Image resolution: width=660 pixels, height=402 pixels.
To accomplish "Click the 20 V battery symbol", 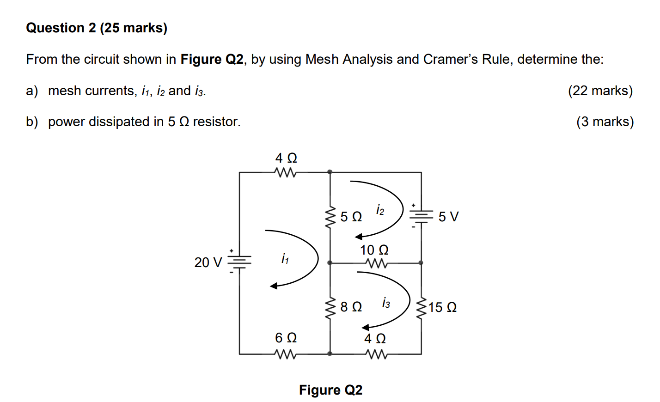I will (239, 262).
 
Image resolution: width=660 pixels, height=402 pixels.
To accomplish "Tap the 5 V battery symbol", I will (421, 216).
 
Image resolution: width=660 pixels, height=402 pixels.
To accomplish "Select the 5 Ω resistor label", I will (351, 217).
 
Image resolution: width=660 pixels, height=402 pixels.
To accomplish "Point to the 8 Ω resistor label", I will (351, 307).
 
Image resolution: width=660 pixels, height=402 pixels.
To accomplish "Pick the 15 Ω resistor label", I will (442, 307).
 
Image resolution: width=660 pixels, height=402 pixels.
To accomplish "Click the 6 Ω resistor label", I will (286, 338).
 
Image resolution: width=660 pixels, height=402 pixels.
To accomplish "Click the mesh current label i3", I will (385, 303).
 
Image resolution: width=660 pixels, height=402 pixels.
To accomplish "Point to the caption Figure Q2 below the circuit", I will (330, 390).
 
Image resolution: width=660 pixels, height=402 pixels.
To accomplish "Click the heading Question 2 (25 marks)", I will (97, 28).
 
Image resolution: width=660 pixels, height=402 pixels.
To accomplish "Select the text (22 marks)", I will (600, 91).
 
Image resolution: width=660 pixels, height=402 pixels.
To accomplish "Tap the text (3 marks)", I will (605, 122).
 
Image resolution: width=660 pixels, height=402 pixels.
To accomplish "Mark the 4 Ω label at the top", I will (286, 158).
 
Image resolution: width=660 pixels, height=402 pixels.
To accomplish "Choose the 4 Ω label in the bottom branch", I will (375, 339).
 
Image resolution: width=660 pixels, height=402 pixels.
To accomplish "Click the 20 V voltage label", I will (208, 262).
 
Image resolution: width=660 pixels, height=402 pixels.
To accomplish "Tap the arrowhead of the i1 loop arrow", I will (274, 286).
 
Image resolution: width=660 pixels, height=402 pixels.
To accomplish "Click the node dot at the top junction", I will (330, 172).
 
